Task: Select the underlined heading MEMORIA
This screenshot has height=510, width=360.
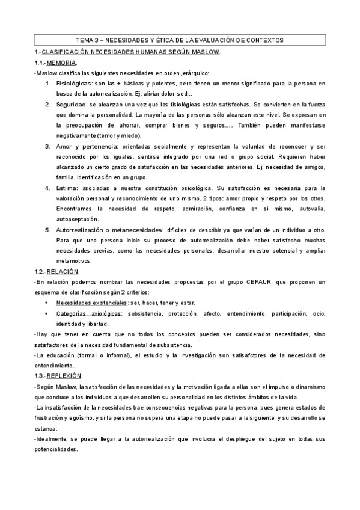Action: (x=62, y=63)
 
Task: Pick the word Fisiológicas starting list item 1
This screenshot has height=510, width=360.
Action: (x=73, y=84)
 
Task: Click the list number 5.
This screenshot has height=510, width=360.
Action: (x=49, y=230)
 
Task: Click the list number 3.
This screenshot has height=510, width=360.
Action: (x=49, y=146)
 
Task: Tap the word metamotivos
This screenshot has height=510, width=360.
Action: (x=74, y=261)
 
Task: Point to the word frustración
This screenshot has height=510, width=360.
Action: (x=51, y=417)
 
